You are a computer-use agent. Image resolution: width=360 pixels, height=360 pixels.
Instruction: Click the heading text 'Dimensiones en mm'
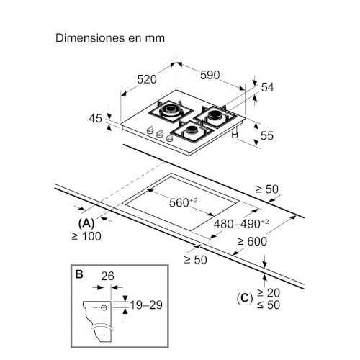[x=110, y=38]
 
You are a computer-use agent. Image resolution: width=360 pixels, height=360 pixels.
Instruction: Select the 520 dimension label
[x=147, y=79]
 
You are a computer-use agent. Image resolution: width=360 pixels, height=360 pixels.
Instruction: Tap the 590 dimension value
[x=210, y=75]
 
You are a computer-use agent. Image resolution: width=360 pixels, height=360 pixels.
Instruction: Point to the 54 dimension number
[x=267, y=87]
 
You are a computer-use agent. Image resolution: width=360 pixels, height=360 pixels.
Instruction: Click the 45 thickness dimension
[x=95, y=119]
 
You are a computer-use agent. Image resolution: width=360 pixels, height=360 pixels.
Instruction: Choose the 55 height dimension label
[x=266, y=135]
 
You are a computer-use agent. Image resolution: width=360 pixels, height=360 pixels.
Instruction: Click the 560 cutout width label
[x=184, y=202]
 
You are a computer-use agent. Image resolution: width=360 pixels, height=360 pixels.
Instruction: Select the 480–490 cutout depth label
[x=241, y=224]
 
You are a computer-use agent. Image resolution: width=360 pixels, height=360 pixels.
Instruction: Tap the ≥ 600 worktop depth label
[x=252, y=241]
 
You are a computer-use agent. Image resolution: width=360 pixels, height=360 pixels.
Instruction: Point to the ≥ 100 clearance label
[x=86, y=236]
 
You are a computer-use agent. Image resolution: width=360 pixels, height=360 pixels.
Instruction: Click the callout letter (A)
[x=86, y=223]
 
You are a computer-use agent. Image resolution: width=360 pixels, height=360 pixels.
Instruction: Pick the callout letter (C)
[x=245, y=298]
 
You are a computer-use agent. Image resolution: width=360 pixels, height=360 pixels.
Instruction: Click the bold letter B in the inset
[x=79, y=274]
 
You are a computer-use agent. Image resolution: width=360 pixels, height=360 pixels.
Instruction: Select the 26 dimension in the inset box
[x=107, y=276]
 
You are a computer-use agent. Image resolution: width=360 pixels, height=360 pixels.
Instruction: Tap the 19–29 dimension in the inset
[x=146, y=305]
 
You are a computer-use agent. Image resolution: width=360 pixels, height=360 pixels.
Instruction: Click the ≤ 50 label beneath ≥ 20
[x=269, y=305]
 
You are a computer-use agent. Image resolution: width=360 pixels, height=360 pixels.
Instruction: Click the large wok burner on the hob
[x=171, y=111]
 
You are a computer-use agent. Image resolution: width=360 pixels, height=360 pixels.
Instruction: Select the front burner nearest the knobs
[x=192, y=132]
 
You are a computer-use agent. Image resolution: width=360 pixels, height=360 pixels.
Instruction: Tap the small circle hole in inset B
[x=104, y=307]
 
